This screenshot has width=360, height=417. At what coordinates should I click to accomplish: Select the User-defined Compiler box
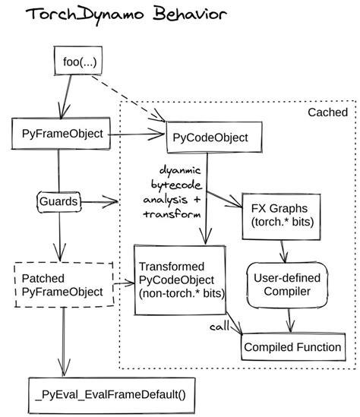(287, 284)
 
